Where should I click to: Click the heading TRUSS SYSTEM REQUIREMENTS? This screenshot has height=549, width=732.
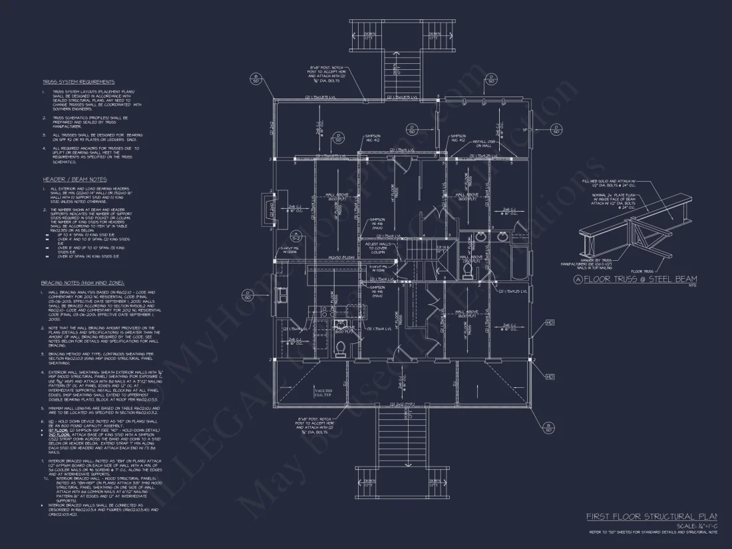pyautogui.click(x=79, y=82)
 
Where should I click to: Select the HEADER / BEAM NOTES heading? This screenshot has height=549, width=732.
pyautogui.click(x=74, y=180)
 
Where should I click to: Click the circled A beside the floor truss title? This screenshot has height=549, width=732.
pyautogui.click(x=578, y=279)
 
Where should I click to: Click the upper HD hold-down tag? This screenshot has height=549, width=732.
pyautogui.click(x=550, y=323)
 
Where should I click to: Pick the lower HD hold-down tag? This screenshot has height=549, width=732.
pyautogui.click(x=550, y=377)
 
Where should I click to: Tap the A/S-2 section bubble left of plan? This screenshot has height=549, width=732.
pyautogui.click(x=296, y=237)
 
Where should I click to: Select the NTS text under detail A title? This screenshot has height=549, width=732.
pyautogui.click(x=673, y=285)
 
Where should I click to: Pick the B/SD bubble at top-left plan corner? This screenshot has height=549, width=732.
pyautogui.click(x=255, y=79)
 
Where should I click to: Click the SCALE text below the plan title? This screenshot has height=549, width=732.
pyautogui.click(x=692, y=526)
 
